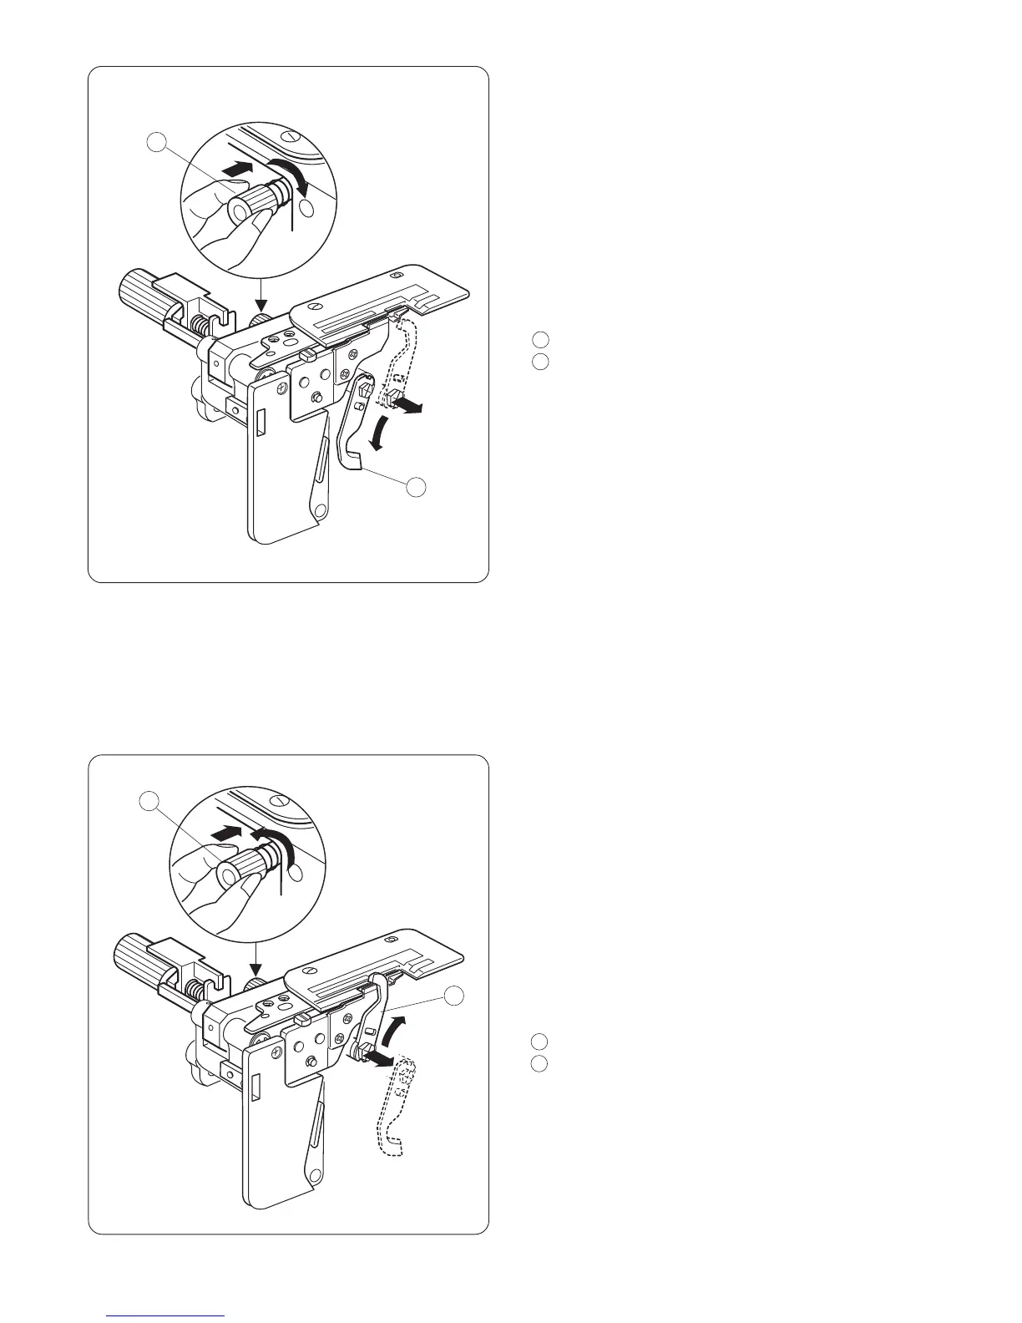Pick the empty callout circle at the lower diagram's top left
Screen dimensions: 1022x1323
click(148, 801)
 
